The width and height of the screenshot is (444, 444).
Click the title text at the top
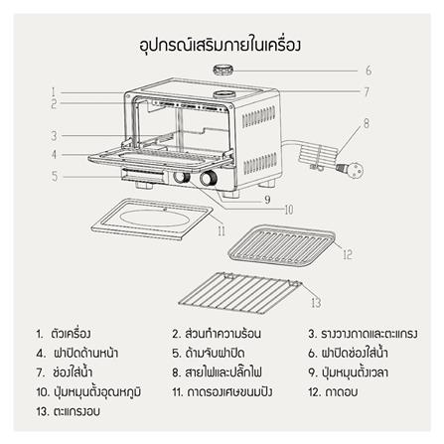pos(222,44)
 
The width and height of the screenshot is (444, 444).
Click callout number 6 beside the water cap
pos(367,72)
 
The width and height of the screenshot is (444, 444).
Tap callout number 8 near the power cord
pos(366,123)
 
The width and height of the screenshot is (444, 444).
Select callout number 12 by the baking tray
pos(348,254)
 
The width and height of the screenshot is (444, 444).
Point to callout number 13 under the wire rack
pos(315,302)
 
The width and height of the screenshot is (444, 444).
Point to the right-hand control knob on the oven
pos(211,180)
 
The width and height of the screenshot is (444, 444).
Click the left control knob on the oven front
pos(182,179)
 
